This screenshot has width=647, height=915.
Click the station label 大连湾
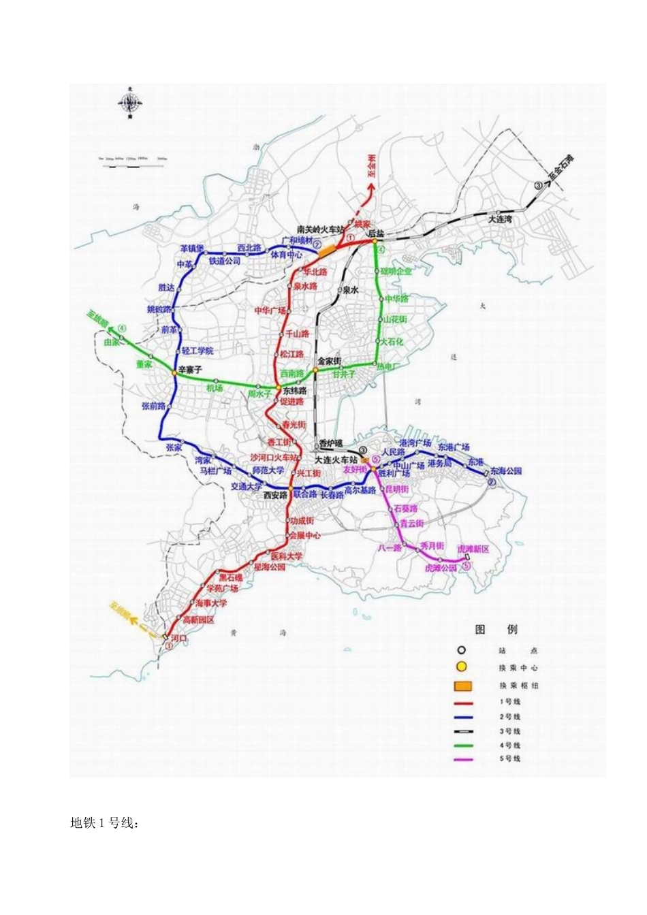pyautogui.click(x=501, y=220)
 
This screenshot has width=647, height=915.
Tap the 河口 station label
pyautogui.click(x=178, y=639)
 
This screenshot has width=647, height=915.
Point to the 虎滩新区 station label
pyautogui.click(x=473, y=549)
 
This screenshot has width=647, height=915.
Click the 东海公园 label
pyautogui.click(x=505, y=471)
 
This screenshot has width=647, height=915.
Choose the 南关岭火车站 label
pyautogui.click(x=321, y=229)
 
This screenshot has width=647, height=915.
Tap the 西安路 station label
pyautogui.click(x=275, y=496)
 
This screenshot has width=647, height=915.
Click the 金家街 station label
pyautogui.click(x=329, y=361)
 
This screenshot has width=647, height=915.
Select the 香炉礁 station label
pyautogui.click(x=330, y=443)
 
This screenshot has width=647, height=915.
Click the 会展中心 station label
pyautogui.click(x=304, y=535)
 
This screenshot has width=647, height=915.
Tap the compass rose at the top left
pyautogui.click(x=129, y=103)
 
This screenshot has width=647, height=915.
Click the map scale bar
pyautogui.click(x=133, y=159)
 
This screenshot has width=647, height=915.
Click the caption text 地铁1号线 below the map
pyautogui.click(x=105, y=824)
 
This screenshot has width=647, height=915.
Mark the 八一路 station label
pyautogui.click(x=390, y=547)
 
